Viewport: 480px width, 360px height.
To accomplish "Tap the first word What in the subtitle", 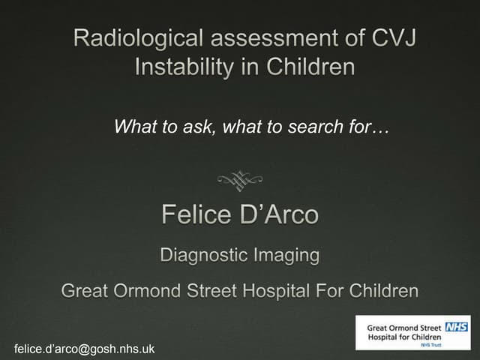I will tap(132, 127).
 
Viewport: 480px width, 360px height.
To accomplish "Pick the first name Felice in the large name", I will tap(196, 216).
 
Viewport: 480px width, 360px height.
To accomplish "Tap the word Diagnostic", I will tap(201, 256).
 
